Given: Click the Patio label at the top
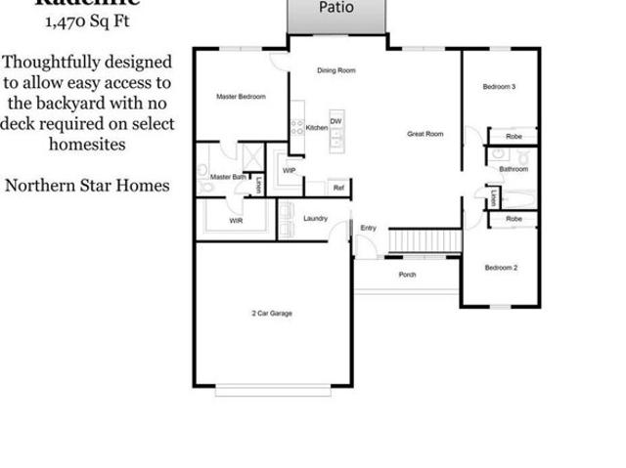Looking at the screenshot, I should coord(336,8).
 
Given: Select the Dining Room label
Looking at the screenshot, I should coord(335,71).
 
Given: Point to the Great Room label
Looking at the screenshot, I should coord(426,134).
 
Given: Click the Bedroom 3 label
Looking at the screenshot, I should coord(499,88).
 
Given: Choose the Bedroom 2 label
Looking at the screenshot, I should coord(501,267).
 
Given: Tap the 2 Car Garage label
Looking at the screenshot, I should coord(272,314).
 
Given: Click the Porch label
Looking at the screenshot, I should coord(407,275).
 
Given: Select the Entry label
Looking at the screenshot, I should coord(368,228).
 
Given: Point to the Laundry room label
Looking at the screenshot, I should coord(315,218).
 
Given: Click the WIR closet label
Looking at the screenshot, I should coord(236,222).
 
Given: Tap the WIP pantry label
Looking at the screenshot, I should coord(289,170).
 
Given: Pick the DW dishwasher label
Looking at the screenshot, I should coord(335,122).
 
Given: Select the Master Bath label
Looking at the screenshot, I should coord(228,177).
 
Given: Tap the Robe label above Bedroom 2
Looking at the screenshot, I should coord(514,220).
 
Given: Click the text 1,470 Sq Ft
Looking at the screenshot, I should coord(86,20).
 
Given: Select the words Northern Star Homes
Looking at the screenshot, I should coord(86,185).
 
